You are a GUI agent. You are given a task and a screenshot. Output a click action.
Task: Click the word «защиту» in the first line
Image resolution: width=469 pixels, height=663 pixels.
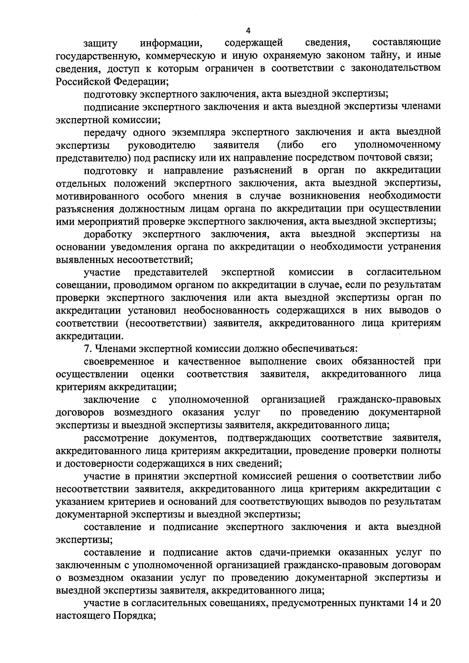click(101, 43)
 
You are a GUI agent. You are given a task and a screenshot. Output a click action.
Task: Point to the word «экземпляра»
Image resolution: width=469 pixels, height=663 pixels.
click(198, 132)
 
